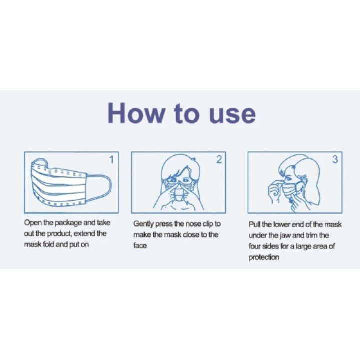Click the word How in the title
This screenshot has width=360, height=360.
tap(136, 113)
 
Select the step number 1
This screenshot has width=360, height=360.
tap(112, 160)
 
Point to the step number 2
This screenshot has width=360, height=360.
tap(219, 160)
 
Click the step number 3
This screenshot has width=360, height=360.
tap(335, 160)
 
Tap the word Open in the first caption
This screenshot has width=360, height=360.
tap(33, 223)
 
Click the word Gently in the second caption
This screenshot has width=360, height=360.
tap(144, 224)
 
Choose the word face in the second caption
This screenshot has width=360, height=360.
tap(140, 246)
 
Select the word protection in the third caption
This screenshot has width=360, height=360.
tap(264, 257)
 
